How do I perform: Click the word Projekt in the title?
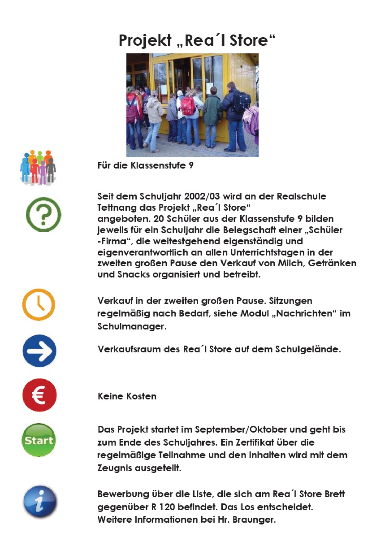pos(144,40)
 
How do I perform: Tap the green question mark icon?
pos(43,214)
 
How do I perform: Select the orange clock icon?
pos(39,304)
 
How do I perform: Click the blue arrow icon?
pos(39,351)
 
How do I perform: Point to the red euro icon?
pos(39,395)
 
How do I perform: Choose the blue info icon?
pos(40,502)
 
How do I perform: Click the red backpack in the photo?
pos(188,106)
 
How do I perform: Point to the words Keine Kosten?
pos(127,396)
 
